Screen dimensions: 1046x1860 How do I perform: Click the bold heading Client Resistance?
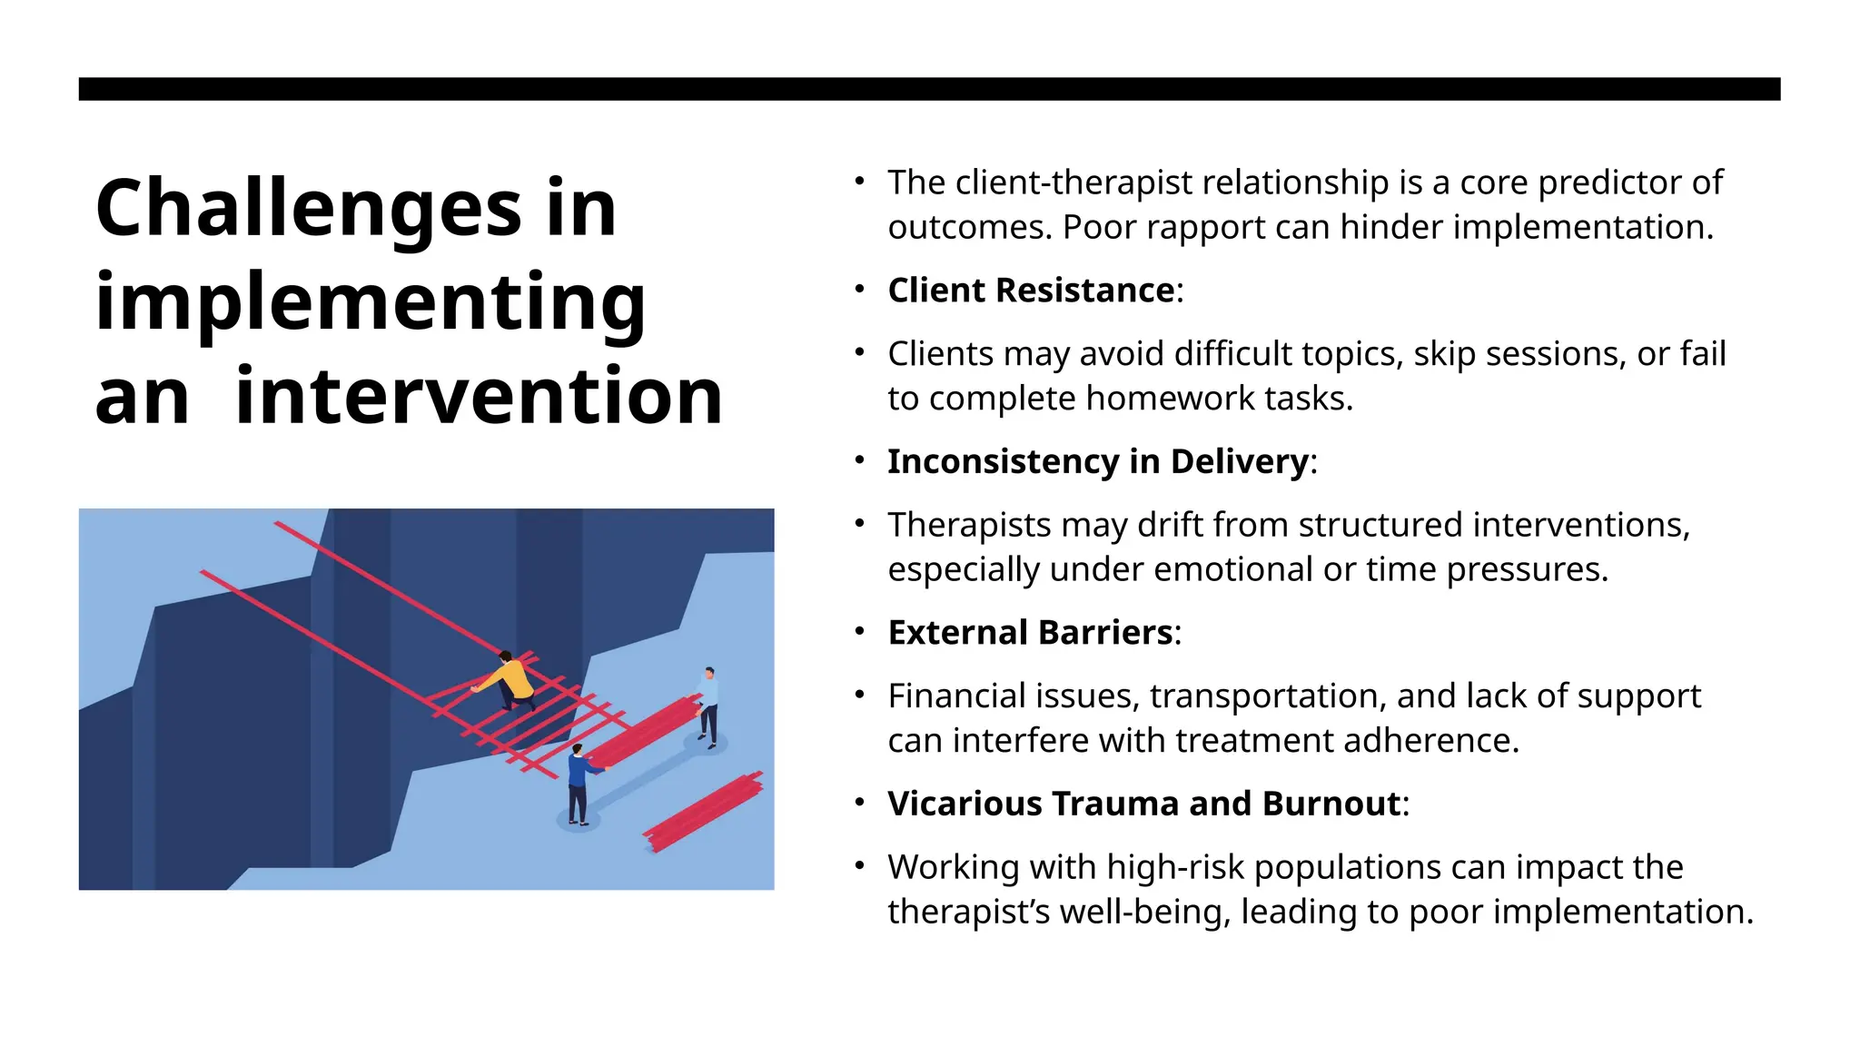point(1031,291)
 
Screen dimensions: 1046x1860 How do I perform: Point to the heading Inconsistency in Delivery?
point(1098,461)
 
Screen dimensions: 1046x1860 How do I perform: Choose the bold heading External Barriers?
point(1030,633)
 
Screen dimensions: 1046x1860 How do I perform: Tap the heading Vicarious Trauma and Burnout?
point(1143,804)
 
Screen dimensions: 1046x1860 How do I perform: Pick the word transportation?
point(1267,696)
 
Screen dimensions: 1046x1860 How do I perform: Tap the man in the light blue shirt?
point(708,705)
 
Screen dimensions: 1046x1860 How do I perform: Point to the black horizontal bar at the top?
point(929,89)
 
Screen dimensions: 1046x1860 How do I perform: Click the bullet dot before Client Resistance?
point(859,290)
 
